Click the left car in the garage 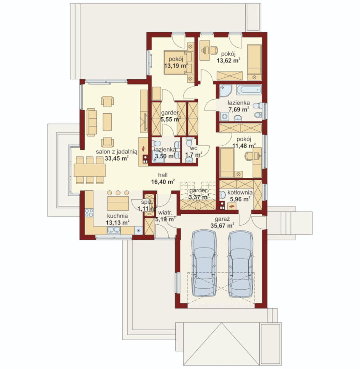pos(204,263)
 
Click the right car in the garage pos(241,263)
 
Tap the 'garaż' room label pos(222,219)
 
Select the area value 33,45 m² pos(117,158)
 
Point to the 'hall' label pos(163,175)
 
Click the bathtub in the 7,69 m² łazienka pos(249,90)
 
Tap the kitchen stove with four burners pos(89,213)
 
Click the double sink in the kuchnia pos(114,230)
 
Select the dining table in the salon pos(89,170)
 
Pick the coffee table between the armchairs pos(107,122)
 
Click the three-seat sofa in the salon pos(91,122)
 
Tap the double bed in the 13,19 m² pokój pos(178,63)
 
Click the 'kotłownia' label pos(240,192)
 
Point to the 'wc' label pos(194,149)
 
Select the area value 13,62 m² pos(228,61)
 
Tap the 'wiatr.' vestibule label pos(165,213)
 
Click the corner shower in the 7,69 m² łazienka pos(226,91)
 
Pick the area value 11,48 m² pos(244,146)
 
